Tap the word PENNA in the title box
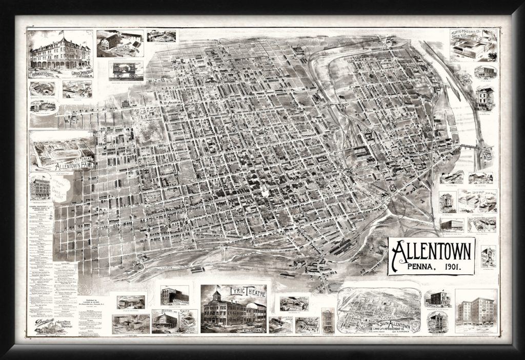tap(419, 267)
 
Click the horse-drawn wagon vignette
tap(126, 70)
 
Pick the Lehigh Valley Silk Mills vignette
tap(476, 201)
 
